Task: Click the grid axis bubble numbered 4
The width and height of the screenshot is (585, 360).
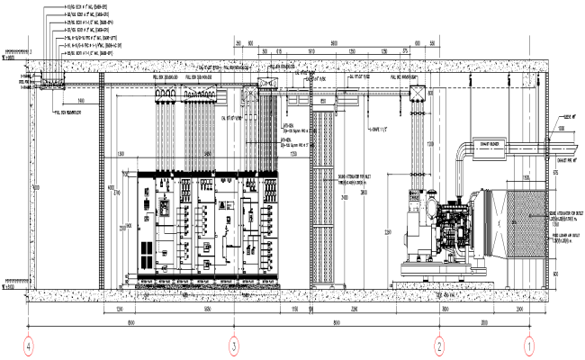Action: (30, 345)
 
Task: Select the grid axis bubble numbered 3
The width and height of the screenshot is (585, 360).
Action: (234, 345)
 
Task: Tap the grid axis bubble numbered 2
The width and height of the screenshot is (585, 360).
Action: (439, 345)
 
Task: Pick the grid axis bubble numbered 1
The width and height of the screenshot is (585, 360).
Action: (530, 345)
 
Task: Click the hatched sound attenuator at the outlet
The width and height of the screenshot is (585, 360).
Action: (519, 225)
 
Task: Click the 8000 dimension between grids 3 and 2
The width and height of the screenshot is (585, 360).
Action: (335, 321)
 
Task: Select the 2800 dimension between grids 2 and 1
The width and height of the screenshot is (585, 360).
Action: (484, 321)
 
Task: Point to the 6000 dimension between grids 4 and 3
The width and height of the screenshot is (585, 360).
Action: (131, 321)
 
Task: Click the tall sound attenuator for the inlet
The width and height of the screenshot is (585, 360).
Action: (321, 193)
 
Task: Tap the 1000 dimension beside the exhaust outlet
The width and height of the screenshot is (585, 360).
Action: (560, 129)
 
